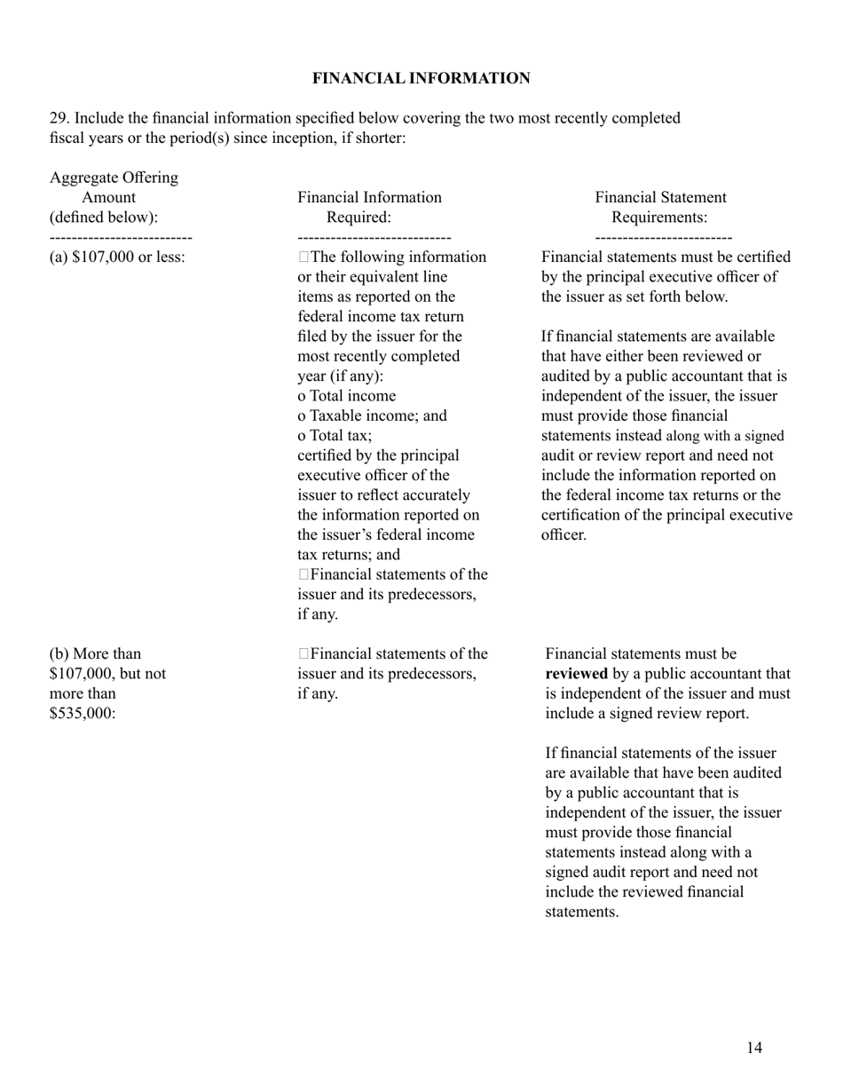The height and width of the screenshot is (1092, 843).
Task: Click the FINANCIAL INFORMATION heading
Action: pos(421,79)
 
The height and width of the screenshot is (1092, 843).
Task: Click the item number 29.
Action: pos(59,118)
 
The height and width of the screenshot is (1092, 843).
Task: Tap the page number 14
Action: pos(753,1048)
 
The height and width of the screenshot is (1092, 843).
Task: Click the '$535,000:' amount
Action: pos(83,713)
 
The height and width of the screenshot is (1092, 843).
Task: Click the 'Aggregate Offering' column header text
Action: pos(114,178)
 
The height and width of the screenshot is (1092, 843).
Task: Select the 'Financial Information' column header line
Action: pos(369,197)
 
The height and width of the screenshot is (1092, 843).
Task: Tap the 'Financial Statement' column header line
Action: pos(660,197)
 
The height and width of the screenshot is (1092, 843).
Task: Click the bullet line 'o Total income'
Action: pos(347,396)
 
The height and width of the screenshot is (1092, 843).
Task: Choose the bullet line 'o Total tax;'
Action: pos(335,435)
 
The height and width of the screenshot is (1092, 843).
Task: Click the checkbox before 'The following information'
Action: pos(304,257)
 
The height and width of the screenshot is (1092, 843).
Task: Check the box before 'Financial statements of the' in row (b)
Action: pos(304,654)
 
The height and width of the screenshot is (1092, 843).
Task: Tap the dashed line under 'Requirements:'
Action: pos(663,237)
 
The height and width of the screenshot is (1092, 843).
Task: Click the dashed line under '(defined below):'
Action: pos(121,237)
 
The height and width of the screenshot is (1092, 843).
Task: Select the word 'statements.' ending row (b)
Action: pos(581,912)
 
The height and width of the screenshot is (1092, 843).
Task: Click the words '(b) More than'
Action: pos(95,654)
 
